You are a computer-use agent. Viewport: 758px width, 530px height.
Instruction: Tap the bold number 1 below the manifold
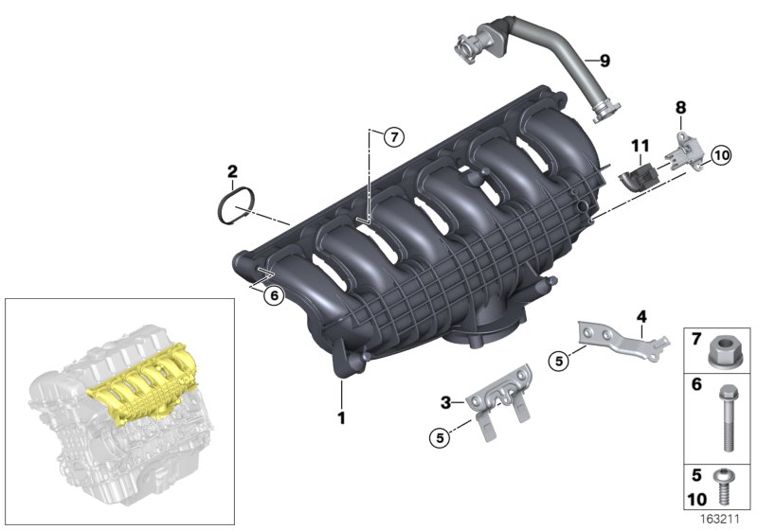coord(338,415)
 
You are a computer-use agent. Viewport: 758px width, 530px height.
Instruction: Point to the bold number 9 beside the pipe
coord(604,61)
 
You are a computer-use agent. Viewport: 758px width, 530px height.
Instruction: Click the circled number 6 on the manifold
coord(273,295)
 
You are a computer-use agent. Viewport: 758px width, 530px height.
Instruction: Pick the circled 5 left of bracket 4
coord(559,360)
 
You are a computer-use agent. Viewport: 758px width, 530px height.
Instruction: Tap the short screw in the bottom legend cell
coord(723,488)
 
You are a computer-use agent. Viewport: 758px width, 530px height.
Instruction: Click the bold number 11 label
coord(641,145)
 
